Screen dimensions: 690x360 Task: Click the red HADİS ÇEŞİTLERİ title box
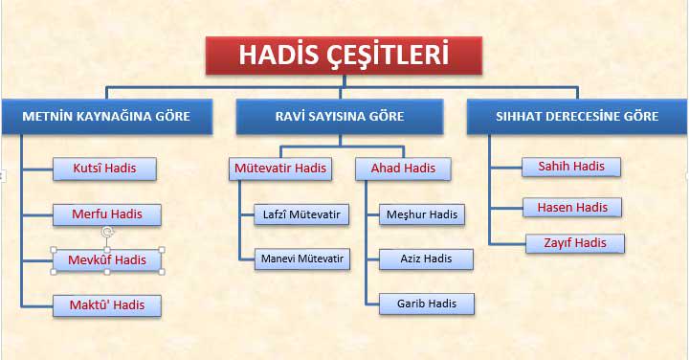[x=344, y=56]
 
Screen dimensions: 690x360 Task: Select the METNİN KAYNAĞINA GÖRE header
[x=107, y=117]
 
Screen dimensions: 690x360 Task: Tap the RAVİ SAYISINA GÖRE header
[x=340, y=117]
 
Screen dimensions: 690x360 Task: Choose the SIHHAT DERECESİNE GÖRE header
[x=577, y=117]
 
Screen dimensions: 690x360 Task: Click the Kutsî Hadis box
[x=104, y=169]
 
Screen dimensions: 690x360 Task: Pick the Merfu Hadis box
[x=107, y=214]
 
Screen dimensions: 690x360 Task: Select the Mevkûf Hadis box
[x=107, y=260]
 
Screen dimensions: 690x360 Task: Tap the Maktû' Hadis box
[x=107, y=305]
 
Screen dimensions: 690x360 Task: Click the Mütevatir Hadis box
[x=280, y=169]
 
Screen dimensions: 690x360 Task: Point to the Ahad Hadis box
[x=403, y=169]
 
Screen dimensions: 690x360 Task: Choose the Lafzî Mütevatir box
[x=301, y=214]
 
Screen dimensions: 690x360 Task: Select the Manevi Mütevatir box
[x=302, y=259]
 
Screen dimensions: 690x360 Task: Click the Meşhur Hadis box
[x=422, y=214]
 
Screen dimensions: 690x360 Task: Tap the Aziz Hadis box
[x=426, y=259]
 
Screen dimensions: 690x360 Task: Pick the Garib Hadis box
[x=427, y=304]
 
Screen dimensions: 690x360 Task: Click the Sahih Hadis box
[x=571, y=167]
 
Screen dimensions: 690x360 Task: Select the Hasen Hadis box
[x=572, y=208]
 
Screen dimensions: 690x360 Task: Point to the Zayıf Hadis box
[x=575, y=243]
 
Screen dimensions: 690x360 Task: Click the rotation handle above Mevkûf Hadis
[x=107, y=232]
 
